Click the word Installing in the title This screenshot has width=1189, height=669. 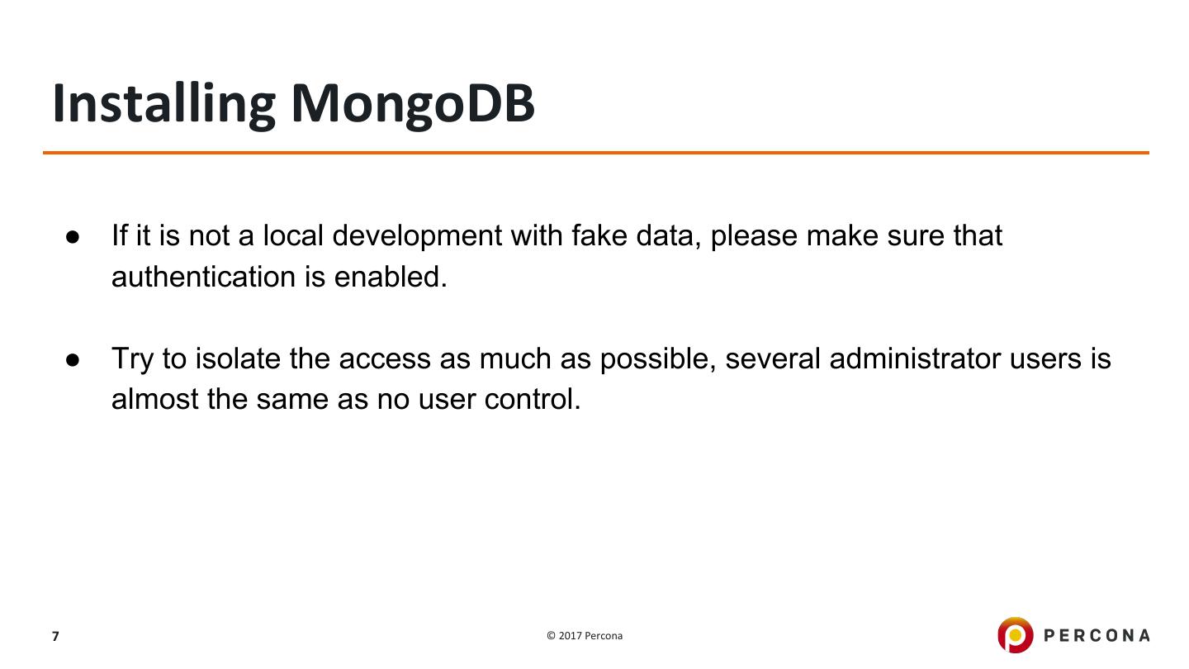163,103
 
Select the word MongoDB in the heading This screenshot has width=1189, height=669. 413,103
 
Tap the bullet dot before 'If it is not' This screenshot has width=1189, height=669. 73,237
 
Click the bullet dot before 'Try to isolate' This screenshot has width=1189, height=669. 73,360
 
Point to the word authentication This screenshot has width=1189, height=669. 204,277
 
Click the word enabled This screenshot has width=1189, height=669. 390,277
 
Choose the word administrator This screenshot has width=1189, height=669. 915,359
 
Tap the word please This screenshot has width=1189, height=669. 754,237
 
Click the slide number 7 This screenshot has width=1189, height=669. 55,636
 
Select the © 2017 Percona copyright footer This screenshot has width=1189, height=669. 585,636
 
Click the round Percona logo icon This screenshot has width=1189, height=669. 1015,635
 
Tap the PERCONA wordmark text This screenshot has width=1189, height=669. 1097,635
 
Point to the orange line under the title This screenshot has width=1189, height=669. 594,153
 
